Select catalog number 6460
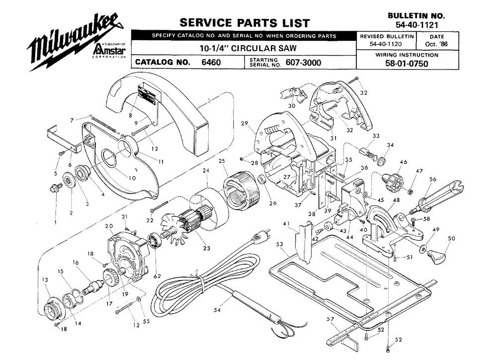tap(211, 62)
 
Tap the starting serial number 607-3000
tap(303, 63)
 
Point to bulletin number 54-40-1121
tap(416, 24)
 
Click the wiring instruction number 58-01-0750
tap(407, 64)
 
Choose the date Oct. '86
tap(436, 44)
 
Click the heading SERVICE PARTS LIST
tap(245, 23)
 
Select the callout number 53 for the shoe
tap(279, 244)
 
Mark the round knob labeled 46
tap(393, 181)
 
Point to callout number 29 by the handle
tap(245, 123)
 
